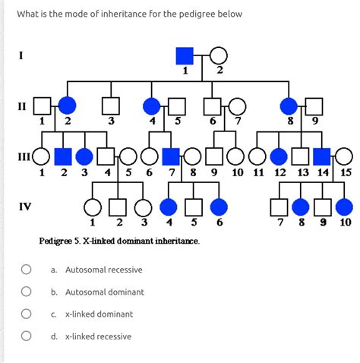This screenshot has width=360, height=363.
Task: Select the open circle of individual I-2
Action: point(219,55)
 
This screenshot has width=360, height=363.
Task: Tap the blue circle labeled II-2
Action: point(68,106)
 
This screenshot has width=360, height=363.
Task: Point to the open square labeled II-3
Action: point(111,106)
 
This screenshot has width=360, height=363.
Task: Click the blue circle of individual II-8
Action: point(289,106)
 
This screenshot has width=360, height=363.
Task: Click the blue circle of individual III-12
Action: point(279,156)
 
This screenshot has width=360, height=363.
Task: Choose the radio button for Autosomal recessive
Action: point(26,270)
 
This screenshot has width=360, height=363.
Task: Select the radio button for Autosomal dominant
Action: point(26,292)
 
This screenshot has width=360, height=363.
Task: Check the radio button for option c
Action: point(26,314)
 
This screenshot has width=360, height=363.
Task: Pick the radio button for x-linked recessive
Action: point(26,336)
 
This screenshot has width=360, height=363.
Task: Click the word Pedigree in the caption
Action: point(58,241)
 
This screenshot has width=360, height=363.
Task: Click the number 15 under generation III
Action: point(346,172)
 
